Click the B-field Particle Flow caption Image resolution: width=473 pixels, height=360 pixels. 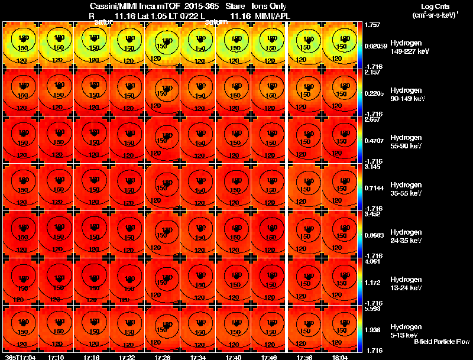pyautogui.click(x=442, y=342)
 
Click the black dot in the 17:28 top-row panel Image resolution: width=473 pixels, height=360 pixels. pyautogui.click(x=167, y=42)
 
